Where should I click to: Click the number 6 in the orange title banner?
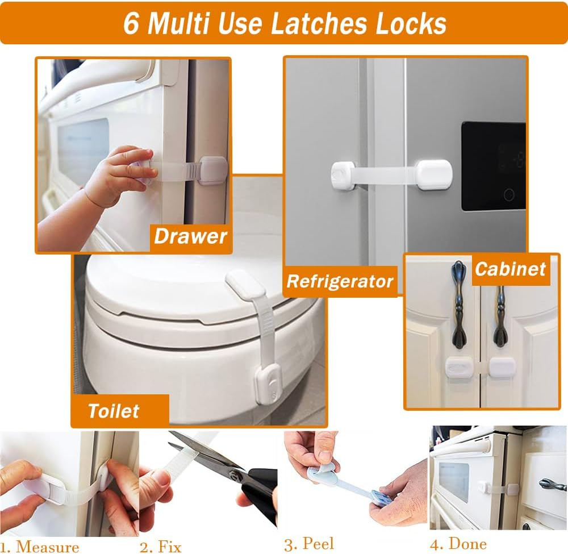point(131,23)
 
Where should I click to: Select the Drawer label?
point(190,236)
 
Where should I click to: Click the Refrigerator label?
point(340,281)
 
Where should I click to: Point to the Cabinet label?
point(510,269)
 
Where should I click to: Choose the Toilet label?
point(114,411)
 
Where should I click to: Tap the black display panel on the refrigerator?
point(494,166)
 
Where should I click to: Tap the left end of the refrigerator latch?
point(343,176)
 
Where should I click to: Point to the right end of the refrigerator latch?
point(434,176)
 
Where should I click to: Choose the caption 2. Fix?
point(160,547)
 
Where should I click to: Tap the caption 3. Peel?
point(309,544)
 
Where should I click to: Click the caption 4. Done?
point(458,544)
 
